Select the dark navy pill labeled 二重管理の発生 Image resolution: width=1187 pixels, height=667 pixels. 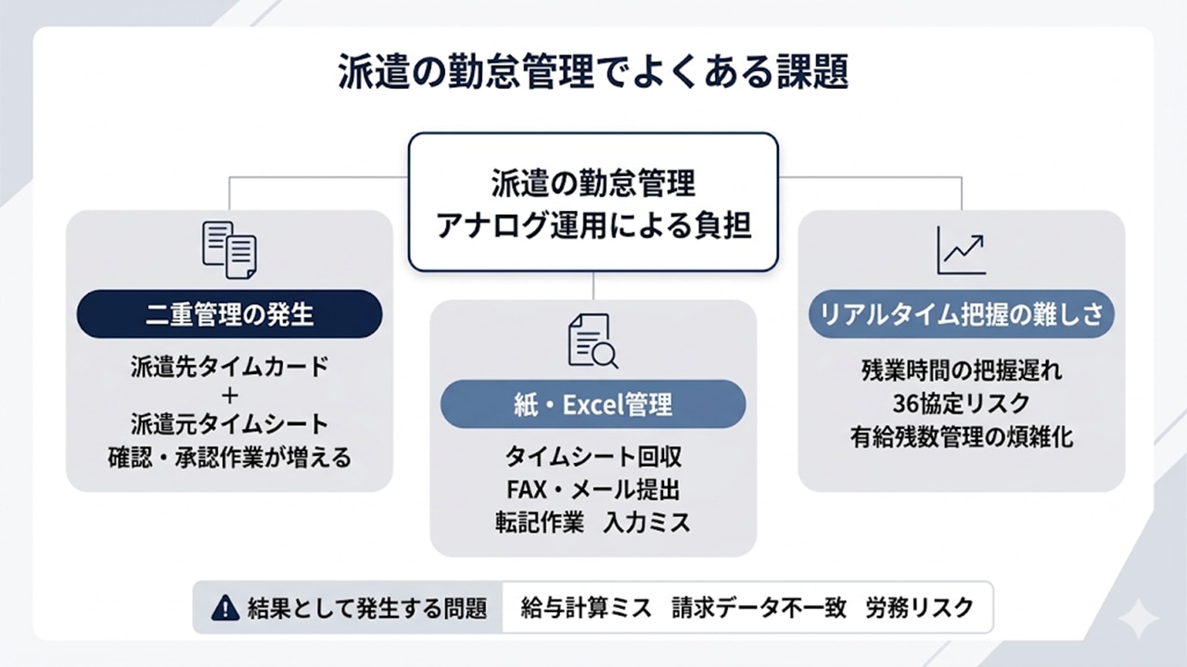229,315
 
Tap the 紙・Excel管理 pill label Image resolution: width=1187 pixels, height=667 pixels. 593,405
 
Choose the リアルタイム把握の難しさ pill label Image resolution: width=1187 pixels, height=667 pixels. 961,314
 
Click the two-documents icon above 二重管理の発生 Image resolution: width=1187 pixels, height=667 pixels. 229,249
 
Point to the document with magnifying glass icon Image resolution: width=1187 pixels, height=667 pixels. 593,341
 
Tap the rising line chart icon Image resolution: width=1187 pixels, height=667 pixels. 961,249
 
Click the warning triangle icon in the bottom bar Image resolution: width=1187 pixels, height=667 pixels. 225,608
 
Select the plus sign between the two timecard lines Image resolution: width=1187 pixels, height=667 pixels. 230,396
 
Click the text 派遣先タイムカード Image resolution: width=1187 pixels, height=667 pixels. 230,367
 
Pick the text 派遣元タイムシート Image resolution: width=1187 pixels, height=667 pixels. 230,424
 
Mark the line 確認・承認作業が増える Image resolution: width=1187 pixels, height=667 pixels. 230,457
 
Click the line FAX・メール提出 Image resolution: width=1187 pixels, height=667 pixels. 593,489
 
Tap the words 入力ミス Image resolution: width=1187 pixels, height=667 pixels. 646,522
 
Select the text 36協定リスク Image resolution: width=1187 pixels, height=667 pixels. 961,404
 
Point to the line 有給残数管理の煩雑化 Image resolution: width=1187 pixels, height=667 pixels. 961,436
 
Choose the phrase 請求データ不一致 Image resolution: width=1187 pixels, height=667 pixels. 759,608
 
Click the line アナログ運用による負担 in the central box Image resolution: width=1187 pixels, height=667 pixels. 593,226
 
